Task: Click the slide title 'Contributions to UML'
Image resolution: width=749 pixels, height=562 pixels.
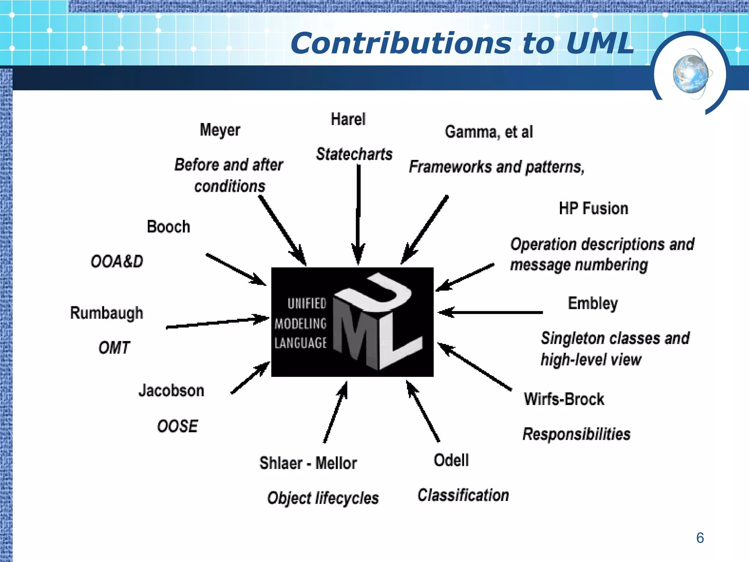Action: point(462,44)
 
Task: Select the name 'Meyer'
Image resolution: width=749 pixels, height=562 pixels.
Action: point(220,130)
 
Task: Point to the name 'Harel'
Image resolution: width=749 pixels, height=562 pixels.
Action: point(348,119)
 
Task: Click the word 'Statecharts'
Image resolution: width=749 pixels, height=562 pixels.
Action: point(354,154)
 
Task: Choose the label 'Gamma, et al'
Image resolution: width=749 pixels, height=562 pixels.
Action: point(489,132)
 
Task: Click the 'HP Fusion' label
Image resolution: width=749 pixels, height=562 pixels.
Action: point(593,209)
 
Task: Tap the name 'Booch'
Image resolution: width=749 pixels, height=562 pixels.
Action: point(168,227)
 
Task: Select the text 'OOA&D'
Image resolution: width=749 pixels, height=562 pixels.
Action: point(117,262)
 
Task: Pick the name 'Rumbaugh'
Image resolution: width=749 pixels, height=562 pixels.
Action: point(106,313)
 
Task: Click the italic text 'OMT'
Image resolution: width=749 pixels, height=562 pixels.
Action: point(114,348)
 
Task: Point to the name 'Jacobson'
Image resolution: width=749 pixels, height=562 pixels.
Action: point(171,391)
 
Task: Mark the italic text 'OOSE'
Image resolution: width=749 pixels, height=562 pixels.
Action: point(177,426)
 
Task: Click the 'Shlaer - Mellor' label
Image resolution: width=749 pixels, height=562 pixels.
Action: point(308,463)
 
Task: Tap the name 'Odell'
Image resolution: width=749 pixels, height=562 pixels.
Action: point(451,460)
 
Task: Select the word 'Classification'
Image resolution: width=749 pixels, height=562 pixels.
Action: point(463,495)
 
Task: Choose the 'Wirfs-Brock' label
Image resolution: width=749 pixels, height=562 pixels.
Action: point(564,399)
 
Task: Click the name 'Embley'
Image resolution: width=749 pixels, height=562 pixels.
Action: point(592,304)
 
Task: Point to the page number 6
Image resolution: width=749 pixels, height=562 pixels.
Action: point(700,538)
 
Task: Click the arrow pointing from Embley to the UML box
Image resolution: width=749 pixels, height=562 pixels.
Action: point(490,312)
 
